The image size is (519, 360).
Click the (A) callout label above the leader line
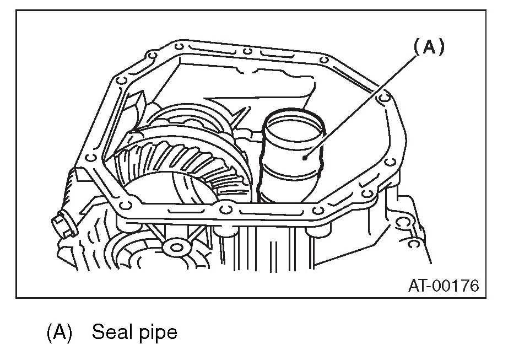coord(428,47)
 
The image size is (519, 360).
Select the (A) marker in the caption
coord(60,332)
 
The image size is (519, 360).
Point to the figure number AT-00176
coord(443,286)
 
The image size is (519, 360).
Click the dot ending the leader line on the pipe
coord(306,158)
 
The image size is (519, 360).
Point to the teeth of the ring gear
coord(165,160)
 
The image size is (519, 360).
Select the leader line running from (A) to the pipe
coord(364,105)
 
